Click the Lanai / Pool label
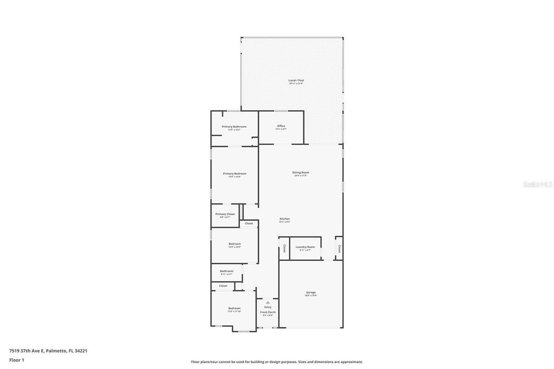tap(296, 80)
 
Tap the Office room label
tap(281, 126)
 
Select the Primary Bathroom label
tap(234, 127)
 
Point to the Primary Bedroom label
tap(234, 174)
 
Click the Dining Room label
tap(301, 173)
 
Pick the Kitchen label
tap(285, 219)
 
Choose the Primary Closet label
tap(225, 214)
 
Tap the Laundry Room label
tap(305, 247)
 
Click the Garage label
tap(311, 293)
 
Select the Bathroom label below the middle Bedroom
tap(227, 271)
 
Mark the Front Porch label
tap(268, 312)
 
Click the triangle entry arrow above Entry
tap(267, 302)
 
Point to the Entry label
tap(268, 307)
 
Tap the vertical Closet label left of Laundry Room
tap(285, 248)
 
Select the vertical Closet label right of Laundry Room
tap(339, 248)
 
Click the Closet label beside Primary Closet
tap(249, 223)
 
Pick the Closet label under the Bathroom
tap(223, 286)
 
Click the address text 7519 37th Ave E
tap(48, 351)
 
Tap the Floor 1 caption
tap(17, 360)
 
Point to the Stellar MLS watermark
tap(537, 184)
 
